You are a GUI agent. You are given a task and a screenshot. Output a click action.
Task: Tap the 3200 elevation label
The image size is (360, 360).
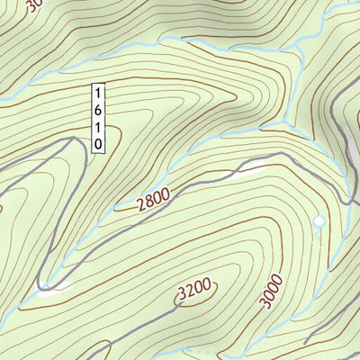pos(194,290)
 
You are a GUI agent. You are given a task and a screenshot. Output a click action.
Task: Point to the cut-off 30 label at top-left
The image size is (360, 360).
pos(33,6)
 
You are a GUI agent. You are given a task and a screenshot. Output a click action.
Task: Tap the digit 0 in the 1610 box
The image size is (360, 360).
pos(98,143)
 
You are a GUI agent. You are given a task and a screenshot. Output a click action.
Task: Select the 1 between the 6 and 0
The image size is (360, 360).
pos(98,127)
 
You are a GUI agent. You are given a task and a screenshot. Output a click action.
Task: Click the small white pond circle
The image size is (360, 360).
pos(318,220)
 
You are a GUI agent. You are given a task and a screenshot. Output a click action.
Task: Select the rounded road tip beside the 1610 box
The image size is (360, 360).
pos(74,140)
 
